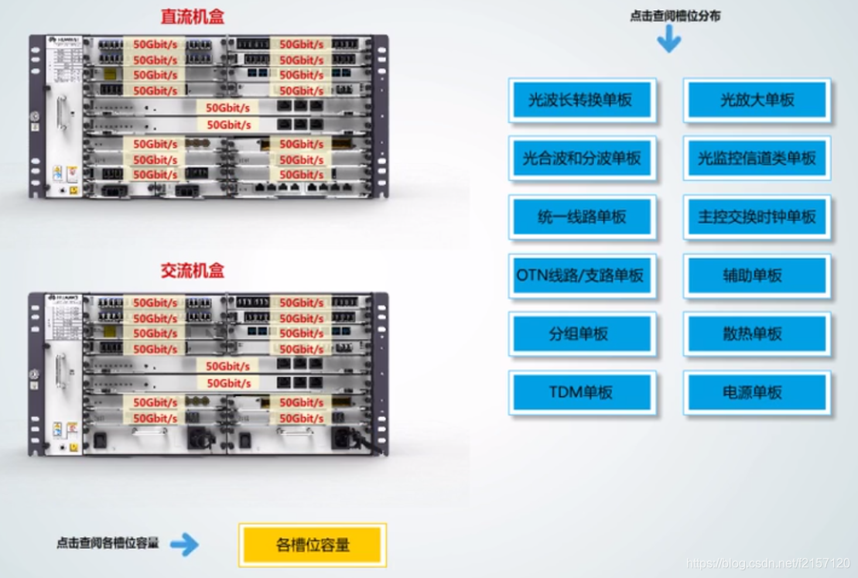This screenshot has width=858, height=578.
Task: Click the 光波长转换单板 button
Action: [582, 100]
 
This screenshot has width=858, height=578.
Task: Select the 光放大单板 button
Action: [757, 100]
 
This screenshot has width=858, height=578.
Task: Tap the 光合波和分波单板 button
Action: [582, 159]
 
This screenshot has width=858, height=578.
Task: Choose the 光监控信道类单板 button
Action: [757, 159]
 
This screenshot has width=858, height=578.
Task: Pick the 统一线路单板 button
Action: [582, 217]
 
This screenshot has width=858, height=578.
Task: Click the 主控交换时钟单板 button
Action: [757, 217]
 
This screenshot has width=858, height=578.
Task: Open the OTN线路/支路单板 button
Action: [582, 275]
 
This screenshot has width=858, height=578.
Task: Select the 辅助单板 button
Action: [757, 275]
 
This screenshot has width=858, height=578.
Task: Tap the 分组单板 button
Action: [582, 334]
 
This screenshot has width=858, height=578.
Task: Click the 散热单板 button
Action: [757, 334]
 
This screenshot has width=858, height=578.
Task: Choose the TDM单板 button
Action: [582, 392]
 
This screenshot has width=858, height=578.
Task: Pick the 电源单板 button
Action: [757, 392]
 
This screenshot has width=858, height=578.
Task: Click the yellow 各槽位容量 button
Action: [313, 545]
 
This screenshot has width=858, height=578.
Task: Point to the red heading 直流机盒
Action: [192, 17]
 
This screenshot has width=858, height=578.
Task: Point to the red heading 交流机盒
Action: [192, 271]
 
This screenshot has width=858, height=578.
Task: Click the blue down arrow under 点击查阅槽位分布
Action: [669, 40]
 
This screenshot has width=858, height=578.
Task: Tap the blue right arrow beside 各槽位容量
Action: [184, 545]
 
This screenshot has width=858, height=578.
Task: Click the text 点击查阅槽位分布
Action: [675, 15]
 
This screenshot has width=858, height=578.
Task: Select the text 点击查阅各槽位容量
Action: [107, 543]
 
